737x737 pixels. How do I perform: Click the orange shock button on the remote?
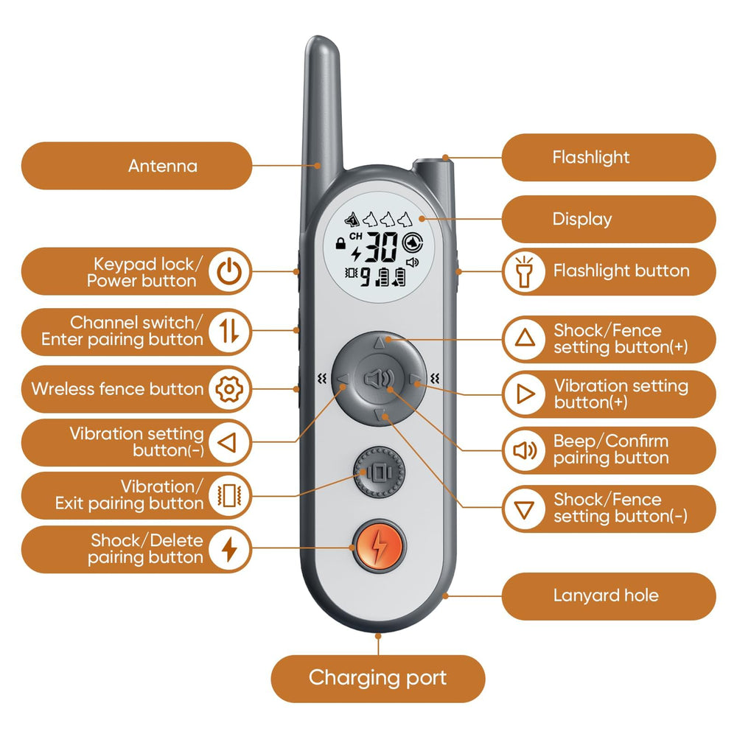(x=379, y=546)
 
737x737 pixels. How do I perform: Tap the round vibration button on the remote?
(x=379, y=472)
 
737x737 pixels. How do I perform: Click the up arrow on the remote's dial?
(x=380, y=343)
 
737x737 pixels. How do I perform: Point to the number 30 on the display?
(x=381, y=246)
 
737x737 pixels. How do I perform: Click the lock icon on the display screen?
(x=340, y=243)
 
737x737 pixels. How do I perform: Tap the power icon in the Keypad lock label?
(x=229, y=272)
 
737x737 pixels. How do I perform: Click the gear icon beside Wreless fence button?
(x=229, y=389)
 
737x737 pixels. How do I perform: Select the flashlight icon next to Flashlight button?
(x=524, y=271)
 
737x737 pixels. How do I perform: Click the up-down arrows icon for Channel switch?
(x=229, y=330)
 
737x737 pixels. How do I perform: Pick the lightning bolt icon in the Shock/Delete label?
(x=229, y=549)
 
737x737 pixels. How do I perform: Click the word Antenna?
(x=163, y=166)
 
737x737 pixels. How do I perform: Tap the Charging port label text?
(x=377, y=678)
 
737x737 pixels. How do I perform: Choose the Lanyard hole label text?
(x=606, y=595)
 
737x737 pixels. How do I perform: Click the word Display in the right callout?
(x=582, y=219)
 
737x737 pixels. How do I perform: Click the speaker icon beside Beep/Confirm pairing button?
(x=525, y=450)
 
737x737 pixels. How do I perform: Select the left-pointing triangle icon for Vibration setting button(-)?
(x=228, y=443)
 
